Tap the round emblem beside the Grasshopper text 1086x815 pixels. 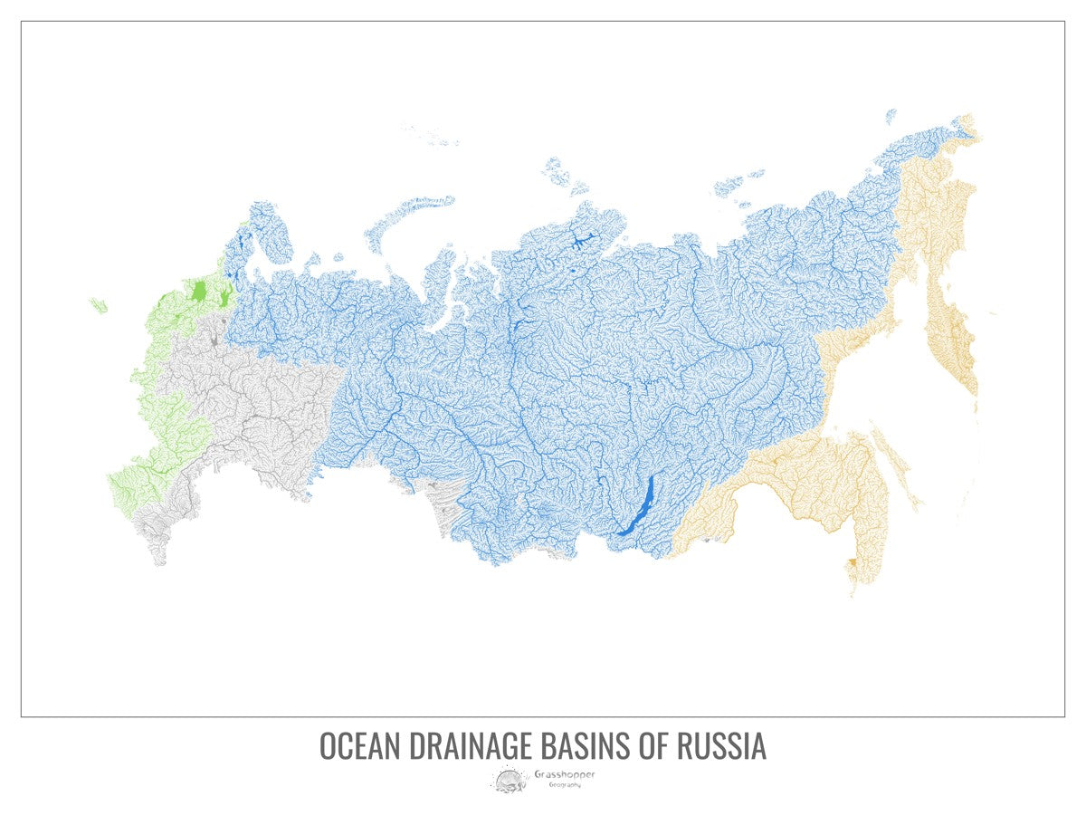pyautogui.click(x=510, y=778)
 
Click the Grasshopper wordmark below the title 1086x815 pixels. pyautogui.click(x=565, y=774)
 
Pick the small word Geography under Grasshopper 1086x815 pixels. pyautogui.click(x=565, y=784)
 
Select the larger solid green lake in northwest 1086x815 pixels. pyautogui.click(x=199, y=292)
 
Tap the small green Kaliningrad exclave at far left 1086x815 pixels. pyautogui.click(x=98, y=305)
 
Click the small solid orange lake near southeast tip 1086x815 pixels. pyautogui.click(x=851, y=562)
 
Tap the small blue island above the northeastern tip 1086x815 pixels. pyautogui.click(x=891, y=115)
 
